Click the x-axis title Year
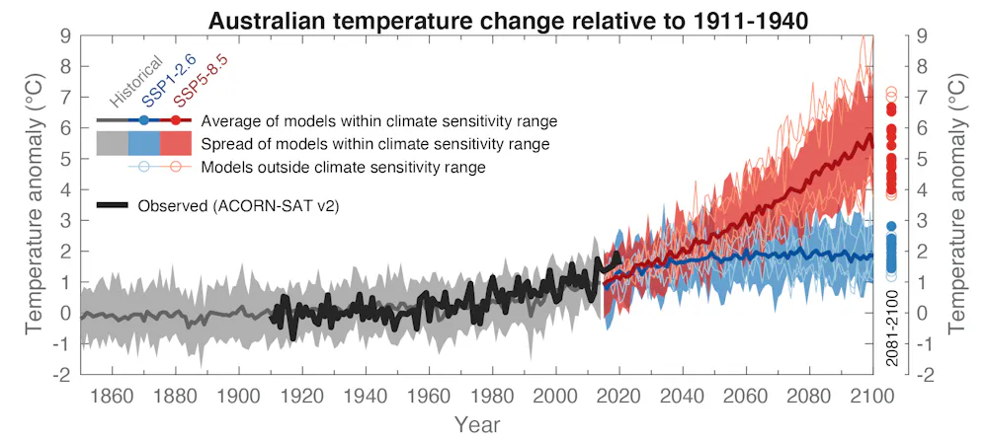[477, 424]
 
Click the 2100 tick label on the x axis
[871, 396]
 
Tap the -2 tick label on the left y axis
[59, 375]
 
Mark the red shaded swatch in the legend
[175, 144]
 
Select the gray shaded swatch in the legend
[112, 144]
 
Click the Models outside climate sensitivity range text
[343, 167]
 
